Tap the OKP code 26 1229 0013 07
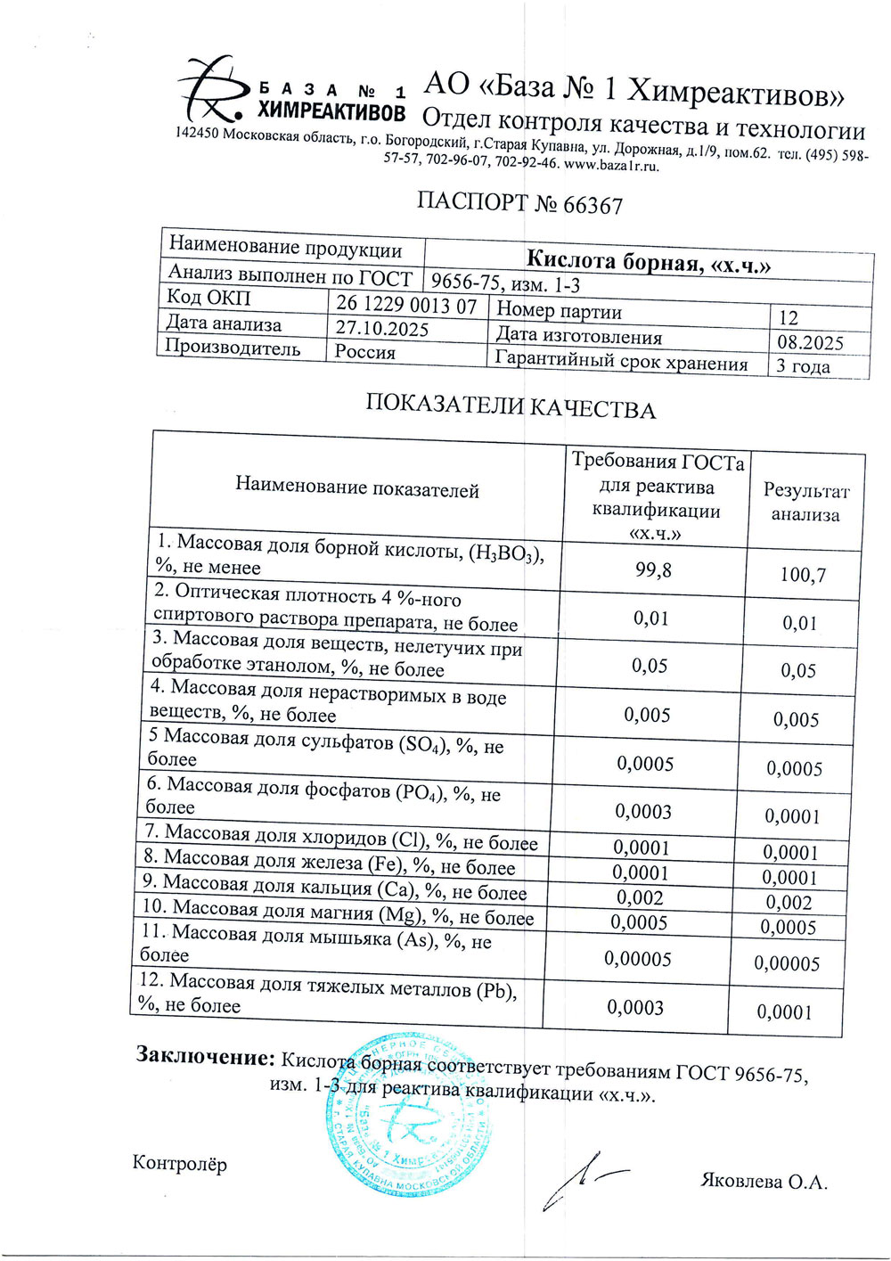(406, 306)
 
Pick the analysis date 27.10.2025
(381, 328)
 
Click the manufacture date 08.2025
(809, 343)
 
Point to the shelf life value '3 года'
(803, 366)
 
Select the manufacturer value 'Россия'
(364, 352)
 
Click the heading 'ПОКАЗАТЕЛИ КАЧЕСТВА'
(510, 407)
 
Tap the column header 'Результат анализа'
(805, 503)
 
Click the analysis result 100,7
(803, 575)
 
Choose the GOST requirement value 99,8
(653, 570)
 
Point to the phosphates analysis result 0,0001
(792, 816)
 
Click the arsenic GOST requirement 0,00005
(637, 959)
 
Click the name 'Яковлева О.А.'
(764, 1183)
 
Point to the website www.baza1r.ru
(611, 165)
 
